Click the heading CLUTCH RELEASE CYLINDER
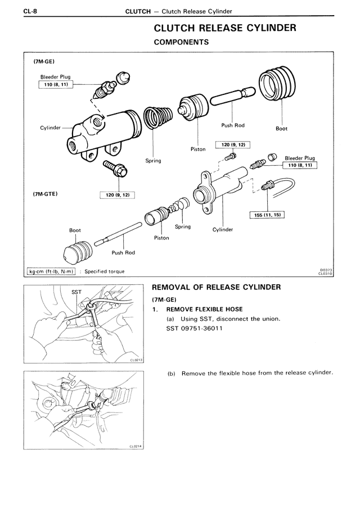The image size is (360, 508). point(224,28)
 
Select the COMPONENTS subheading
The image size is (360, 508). point(181,42)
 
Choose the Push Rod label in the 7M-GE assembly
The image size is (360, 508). point(232,125)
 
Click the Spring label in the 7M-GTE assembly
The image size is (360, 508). point(182,227)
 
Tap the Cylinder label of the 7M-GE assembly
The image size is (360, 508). point(50,128)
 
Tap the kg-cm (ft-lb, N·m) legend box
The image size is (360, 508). point(52,271)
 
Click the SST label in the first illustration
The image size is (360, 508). point(77,292)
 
